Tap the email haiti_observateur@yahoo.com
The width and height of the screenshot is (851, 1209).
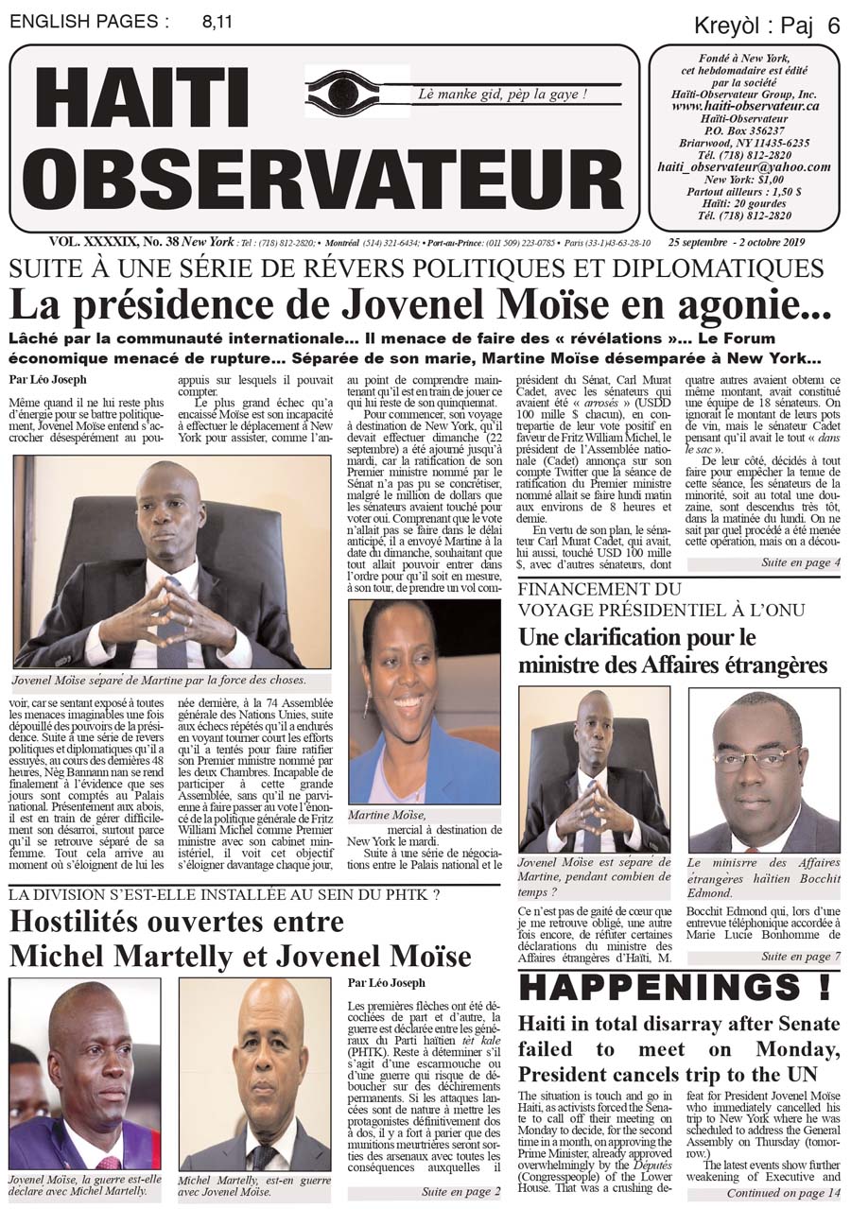point(744,166)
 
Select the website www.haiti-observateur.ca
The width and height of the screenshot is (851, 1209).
point(745,107)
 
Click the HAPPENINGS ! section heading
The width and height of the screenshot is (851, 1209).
point(675,987)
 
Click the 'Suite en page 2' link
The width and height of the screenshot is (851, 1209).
point(460,1192)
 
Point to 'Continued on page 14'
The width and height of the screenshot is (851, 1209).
point(782,1193)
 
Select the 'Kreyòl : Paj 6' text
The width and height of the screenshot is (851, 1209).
point(766,26)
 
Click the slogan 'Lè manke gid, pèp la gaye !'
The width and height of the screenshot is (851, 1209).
point(502,95)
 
